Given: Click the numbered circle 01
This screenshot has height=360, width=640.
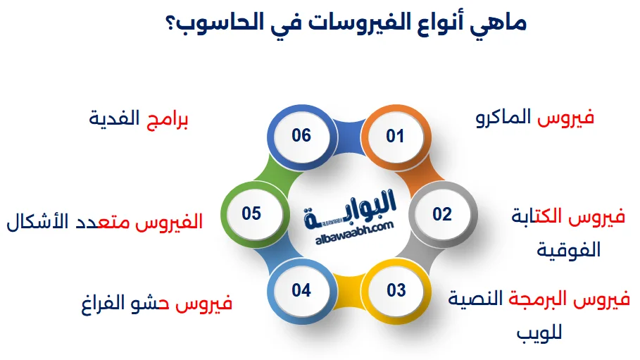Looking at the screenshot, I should point(395,136).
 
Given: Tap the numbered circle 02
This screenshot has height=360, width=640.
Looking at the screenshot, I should point(441,213).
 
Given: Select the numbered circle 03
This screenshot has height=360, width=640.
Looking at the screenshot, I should point(396,290).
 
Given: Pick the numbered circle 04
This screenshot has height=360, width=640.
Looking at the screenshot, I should point(301,290).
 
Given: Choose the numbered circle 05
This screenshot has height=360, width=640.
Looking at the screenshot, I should point(251,213).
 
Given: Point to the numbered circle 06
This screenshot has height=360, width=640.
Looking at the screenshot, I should point(301,135).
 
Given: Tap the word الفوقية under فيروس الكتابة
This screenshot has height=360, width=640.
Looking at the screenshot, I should point(569,249).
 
